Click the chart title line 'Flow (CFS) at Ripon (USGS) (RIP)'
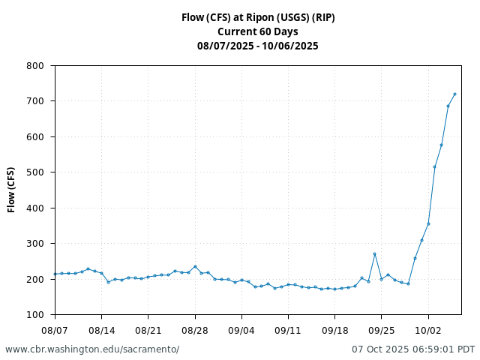coord(257,17)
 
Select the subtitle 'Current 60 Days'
coord(257,31)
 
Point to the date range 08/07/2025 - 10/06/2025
coord(257,46)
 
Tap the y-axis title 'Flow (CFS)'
coord(11,190)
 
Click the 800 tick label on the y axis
coord(34,66)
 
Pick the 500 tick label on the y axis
coord(34,172)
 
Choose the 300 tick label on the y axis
coord(34,244)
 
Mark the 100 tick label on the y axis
coord(34,315)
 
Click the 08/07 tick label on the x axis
coord(55,330)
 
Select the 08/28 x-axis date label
coord(195,330)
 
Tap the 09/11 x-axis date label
coord(288,330)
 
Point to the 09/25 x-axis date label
coord(381,330)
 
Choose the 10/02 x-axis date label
coord(428,330)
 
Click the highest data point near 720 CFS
coord(454,94)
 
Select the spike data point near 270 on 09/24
coord(374,254)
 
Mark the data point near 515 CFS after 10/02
coord(434,166)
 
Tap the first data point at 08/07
coord(55,274)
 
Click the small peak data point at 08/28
coord(195,266)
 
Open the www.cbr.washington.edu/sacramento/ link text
coord(92,349)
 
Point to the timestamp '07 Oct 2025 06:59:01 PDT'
coord(413,349)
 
